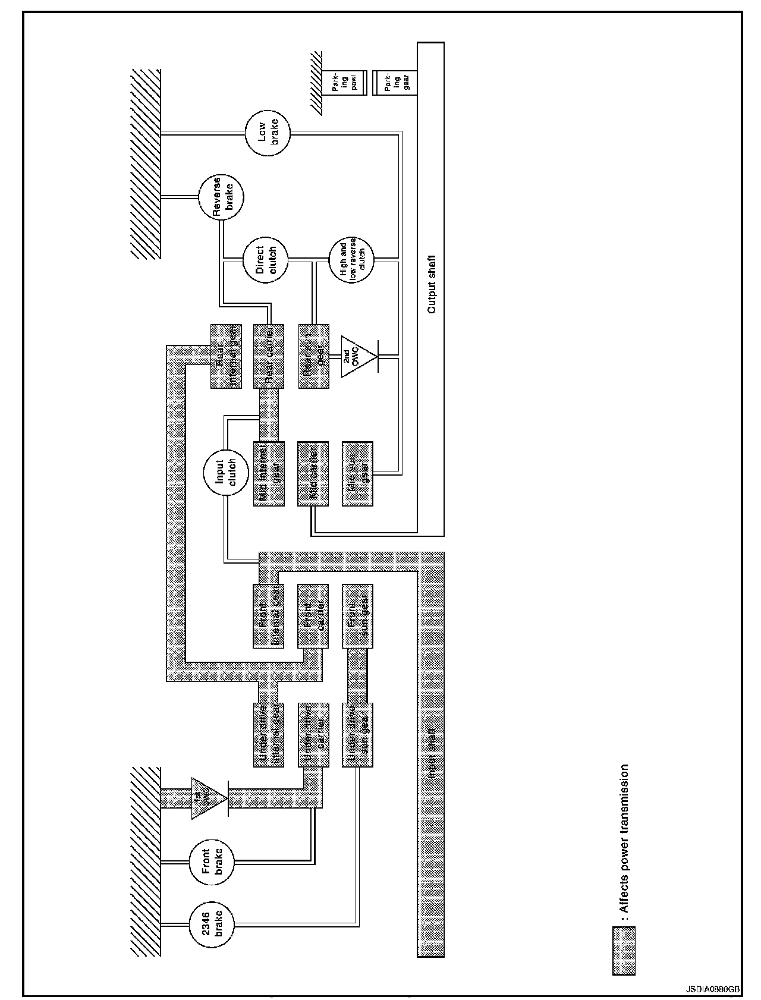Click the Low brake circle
(268, 133)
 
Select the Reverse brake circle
(221, 196)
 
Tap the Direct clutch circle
(266, 259)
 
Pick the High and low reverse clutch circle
(351, 259)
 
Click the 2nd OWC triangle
(357, 357)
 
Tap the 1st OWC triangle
(208, 798)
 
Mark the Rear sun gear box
(314, 356)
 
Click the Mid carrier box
(313, 473)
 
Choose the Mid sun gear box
(358, 473)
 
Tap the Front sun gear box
(358, 616)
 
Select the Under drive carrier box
(313, 735)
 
